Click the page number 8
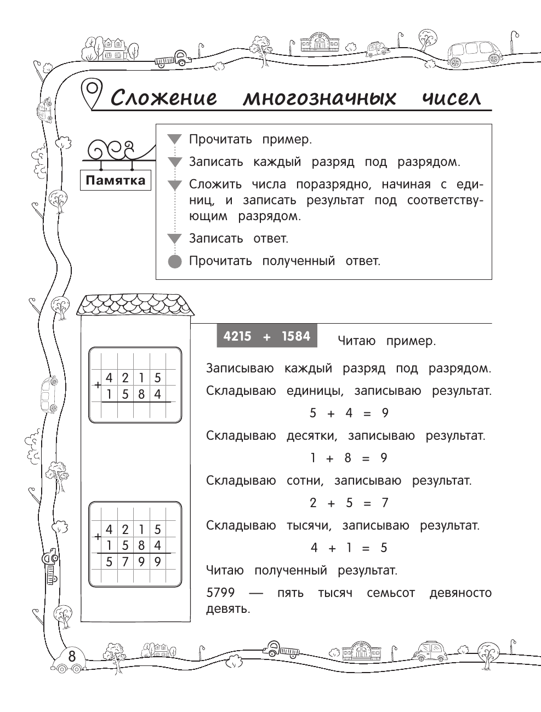coord(72,656)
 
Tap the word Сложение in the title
coord(164,98)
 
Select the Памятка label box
coord(116,181)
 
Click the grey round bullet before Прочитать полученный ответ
coord(174,261)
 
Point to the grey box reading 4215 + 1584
coord(266,336)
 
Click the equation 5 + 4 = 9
coord(349,414)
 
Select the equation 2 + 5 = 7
coord(349,503)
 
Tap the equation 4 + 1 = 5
coord(349,548)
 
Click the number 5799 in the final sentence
coord(220,593)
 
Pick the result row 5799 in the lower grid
coord(133,561)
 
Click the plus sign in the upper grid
coord(98,386)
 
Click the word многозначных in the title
coord(320,98)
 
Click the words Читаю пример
coord(386,341)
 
